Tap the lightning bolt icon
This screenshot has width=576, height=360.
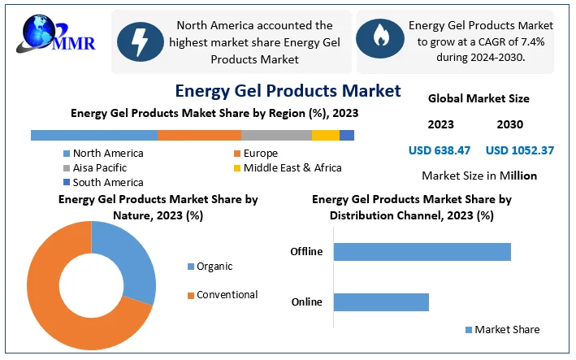tap(139, 42)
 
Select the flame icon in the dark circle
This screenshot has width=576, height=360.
tap(380, 36)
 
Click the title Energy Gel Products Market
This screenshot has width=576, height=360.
tap(288, 90)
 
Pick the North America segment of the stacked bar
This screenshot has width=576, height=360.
tap(93, 135)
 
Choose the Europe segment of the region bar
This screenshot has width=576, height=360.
tap(199, 135)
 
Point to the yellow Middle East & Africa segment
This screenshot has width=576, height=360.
tap(325, 135)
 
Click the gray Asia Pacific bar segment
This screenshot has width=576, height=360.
tap(276, 135)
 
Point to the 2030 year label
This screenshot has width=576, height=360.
tap(509, 124)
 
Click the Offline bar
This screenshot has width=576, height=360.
tap(422, 251)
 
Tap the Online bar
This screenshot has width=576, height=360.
tap(380, 302)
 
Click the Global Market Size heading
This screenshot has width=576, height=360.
tap(479, 98)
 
